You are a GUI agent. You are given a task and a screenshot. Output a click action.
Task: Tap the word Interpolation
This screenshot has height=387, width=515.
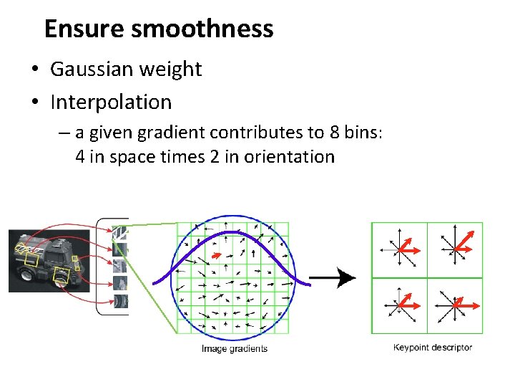pyautogui.click(x=111, y=102)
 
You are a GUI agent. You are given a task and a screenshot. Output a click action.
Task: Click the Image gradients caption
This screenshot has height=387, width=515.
pyautogui.click(x=235, y=349)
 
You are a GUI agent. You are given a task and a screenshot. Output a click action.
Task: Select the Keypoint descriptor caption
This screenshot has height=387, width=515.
pyautogui.click(x=433, y=348)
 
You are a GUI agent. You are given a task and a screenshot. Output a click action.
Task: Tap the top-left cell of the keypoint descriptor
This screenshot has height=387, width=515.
pyautogui.click(x=399, y=249)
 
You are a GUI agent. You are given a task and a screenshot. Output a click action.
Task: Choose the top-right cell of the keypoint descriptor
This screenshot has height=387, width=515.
pyautogui.click(x=455, y=249)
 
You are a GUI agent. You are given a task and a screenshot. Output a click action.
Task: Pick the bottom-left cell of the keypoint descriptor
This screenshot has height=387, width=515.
pyautogui.click(x=399, y=305)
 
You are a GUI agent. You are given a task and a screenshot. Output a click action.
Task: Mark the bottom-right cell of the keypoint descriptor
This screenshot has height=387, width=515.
pyautogui.click(x=455, y=305)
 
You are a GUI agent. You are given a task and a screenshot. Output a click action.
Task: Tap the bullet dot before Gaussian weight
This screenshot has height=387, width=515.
pyautogui.click(x=34, y=70)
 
